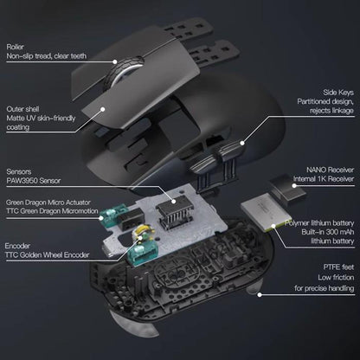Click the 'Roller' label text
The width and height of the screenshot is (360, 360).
click(16, 46)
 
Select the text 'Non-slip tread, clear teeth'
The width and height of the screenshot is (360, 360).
click(47, 56)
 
